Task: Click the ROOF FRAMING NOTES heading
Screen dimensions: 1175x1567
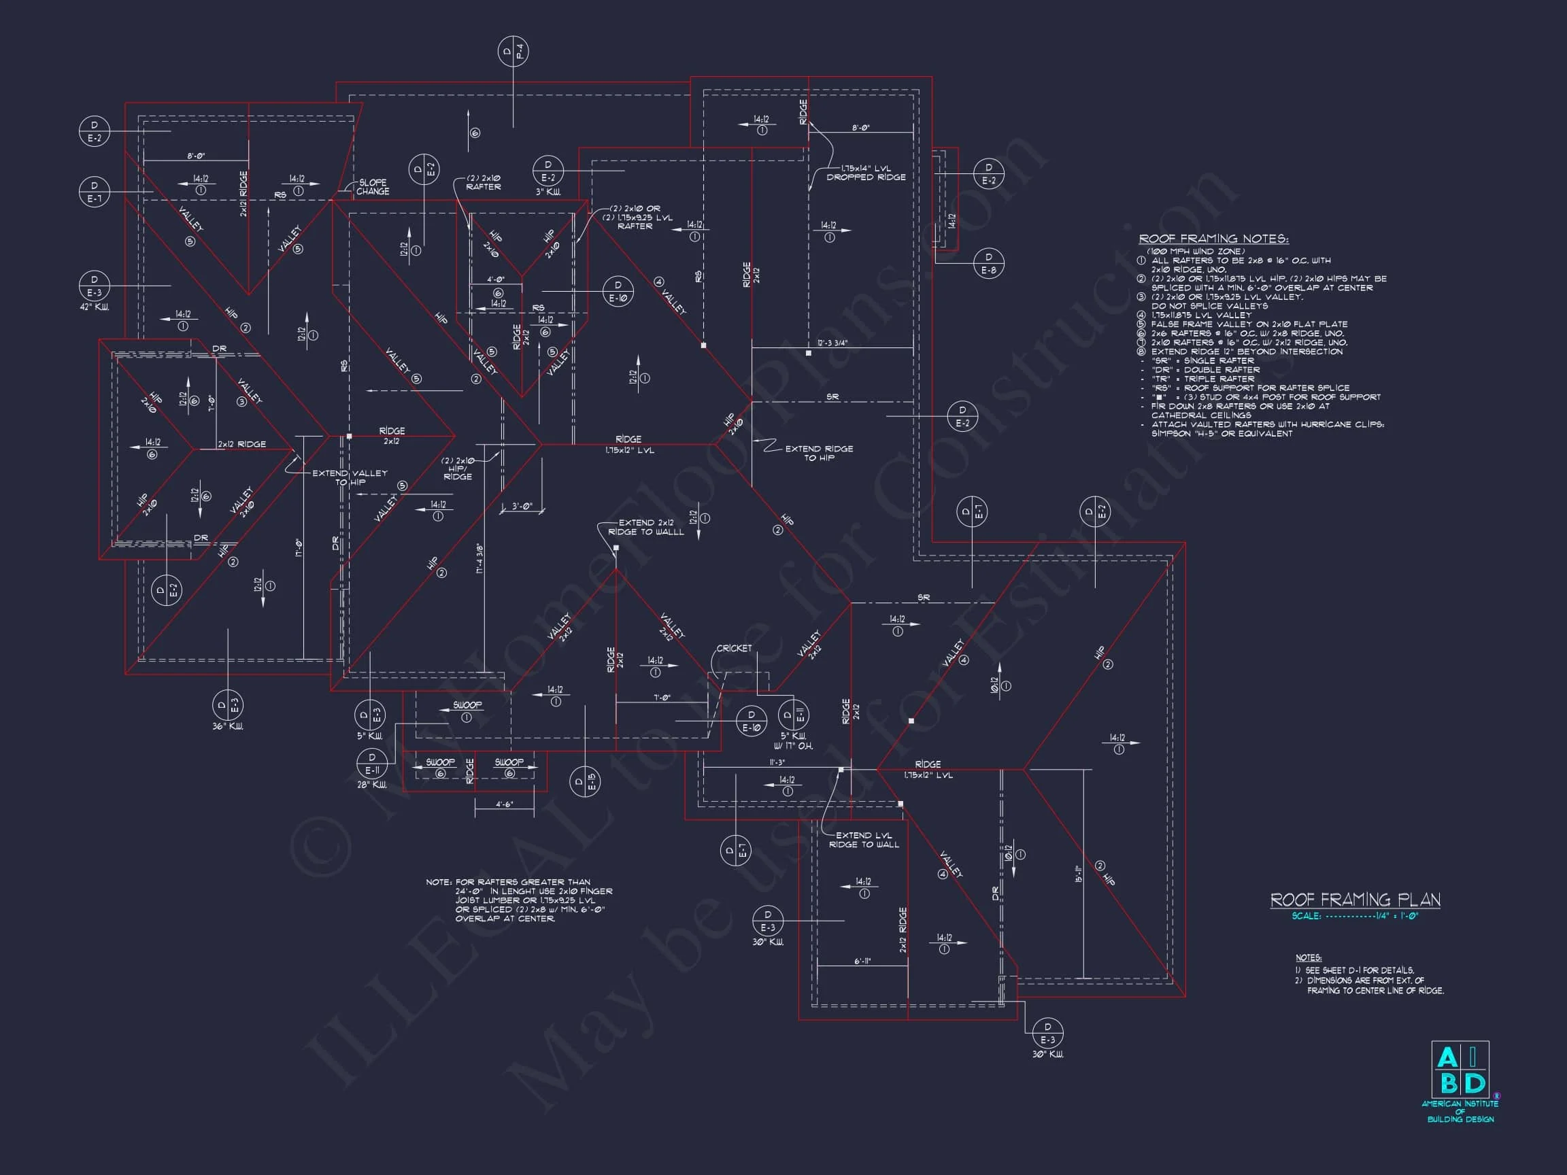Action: click(x=1213, y=239)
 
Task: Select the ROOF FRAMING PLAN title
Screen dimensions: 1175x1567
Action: click(x=1355, y=900)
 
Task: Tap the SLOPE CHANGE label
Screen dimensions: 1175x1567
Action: click(x=373, y=187)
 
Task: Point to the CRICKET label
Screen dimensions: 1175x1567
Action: click(x=734, y=648)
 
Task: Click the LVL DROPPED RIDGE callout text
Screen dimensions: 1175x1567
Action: click(x=866, y=173)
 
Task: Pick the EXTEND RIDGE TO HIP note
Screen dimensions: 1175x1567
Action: click(x=819, y=454)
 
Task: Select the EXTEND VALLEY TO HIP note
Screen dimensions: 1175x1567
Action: click(x=350, y=477)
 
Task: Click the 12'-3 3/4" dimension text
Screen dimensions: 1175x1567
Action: click(x=832, y=343)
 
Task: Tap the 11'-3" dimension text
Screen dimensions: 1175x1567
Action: click(x=777, y=762)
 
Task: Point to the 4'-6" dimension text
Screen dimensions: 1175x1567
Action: click(x=505, y=804)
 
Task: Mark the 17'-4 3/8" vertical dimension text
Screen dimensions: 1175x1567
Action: click(x=479, y=558)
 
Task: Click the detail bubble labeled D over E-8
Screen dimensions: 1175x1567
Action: click(x=989, y=263)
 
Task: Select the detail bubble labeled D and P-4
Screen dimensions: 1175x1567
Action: click(x=513, y=52)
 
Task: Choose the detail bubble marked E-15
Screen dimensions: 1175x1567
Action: click(x=585, y=781)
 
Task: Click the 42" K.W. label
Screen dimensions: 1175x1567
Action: click(x=95, y=307)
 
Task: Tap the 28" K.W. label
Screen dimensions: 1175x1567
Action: click(x=372, y=785)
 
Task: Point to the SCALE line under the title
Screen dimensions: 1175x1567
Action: click(x=1355, y=916)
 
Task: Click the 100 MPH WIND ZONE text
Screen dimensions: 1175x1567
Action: click(x=1196, y=252)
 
